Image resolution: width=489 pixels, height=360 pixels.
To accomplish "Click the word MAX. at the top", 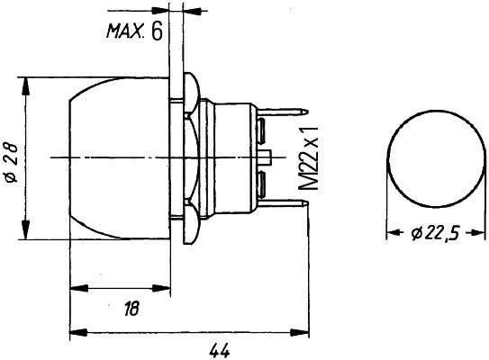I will pos(127,33).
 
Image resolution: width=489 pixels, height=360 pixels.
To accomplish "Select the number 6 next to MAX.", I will pos(157,33).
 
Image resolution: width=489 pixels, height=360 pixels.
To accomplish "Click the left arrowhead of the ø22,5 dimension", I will pos(393,234).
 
